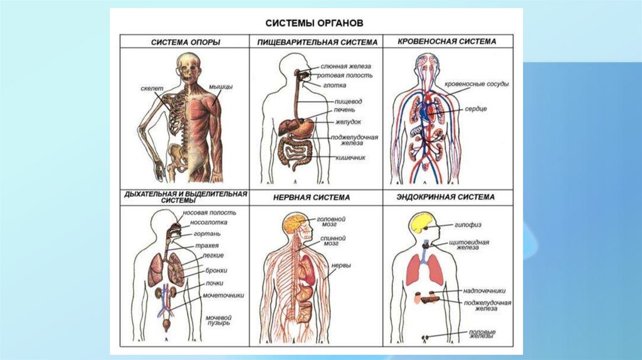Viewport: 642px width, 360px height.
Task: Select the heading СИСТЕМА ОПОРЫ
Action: pos(184,42)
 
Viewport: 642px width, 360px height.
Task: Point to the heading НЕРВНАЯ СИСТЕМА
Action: pos(312,197)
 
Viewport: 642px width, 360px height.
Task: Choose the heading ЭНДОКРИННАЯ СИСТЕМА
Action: pos(446,197)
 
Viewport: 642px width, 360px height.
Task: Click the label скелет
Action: pos(152,89)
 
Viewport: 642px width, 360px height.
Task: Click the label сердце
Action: pos(476,109)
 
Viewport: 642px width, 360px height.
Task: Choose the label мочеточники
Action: pos(223,295)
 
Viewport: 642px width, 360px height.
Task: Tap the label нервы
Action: pos(341,265)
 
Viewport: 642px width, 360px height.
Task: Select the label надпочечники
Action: pos(484,290)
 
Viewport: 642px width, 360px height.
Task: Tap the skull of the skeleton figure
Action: pos(187,65)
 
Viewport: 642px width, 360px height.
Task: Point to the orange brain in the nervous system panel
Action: pos(293,223)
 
